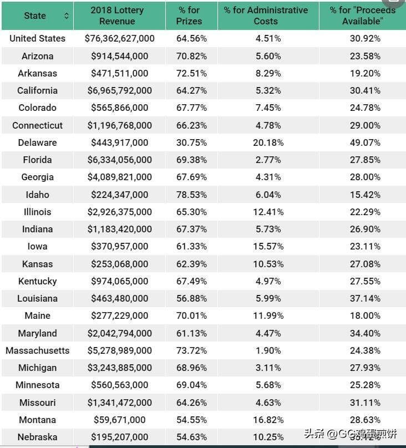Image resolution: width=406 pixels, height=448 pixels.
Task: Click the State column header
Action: [35, 16]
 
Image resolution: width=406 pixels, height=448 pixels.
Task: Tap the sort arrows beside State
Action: [67, 16]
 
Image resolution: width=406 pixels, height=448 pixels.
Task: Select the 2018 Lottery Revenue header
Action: [117, 16]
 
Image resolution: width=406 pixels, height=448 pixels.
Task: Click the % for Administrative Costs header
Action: [266, 16]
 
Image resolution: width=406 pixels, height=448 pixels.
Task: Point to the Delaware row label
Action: [37, 142]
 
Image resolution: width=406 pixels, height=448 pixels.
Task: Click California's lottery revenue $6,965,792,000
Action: [119, 90]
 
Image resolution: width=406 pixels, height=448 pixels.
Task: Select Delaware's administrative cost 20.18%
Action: [268, 142]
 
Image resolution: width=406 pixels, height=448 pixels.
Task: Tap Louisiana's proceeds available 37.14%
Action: [363, 298]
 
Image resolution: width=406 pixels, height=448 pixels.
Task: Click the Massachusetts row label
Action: [37, 350]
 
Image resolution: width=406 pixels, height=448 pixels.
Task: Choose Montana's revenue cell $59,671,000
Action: [119, 420]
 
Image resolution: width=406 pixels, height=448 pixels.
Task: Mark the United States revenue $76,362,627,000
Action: [119, 38]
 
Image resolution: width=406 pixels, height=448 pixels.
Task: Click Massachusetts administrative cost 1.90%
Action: [268, 350]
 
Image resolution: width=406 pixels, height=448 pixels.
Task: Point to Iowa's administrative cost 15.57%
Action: [268, 246]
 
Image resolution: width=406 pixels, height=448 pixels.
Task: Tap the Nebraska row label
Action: [37, 437]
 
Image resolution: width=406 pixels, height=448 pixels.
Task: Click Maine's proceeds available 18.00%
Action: [363, 315]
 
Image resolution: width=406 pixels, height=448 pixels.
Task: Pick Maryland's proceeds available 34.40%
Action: [363, 333]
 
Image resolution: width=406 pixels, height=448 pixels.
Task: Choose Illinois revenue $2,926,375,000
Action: [119, 212]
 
